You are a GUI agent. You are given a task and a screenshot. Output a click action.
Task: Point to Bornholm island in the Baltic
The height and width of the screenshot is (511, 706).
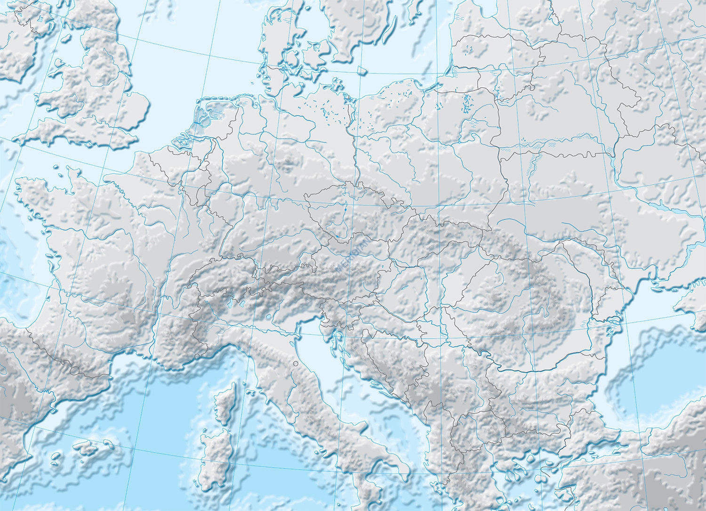[361, 70]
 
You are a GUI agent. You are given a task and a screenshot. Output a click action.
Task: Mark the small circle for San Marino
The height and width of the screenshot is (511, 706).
[295, 363]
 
